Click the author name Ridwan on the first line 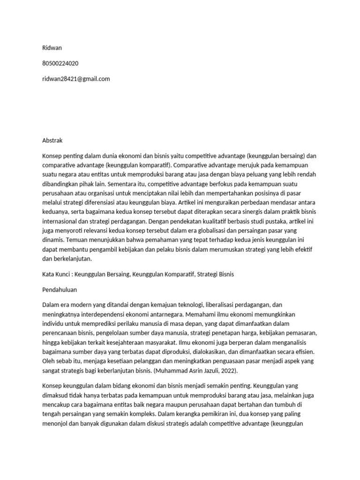[x=52, y=48]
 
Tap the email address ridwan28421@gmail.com [x=76, y=79]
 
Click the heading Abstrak [x=52, y=140]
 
